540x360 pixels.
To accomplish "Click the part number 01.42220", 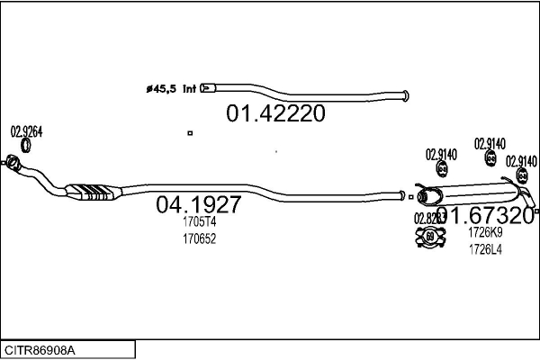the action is tap(274, 114).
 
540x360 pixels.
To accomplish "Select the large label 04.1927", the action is tap(198, 204).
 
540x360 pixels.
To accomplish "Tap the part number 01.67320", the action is tap(485, 215).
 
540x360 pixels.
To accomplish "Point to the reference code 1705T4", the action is tap(199, 221).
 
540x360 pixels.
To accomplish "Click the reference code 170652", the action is tap(199, 239).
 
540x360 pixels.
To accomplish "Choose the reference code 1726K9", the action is tap(485, 232).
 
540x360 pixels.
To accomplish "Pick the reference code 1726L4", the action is tap(485, 250).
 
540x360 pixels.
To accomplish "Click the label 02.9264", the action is tap(26, 131).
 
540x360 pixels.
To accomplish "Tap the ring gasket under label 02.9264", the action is tap(27, 146).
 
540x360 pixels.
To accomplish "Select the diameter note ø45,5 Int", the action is tap(171, 88).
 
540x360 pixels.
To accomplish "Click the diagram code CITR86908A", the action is tap(40, 348).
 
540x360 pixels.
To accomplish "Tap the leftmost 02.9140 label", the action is tap(441, 155).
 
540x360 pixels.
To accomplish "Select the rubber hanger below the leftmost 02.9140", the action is tap(442, 172).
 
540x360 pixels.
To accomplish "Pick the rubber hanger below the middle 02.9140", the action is tap(490, 158).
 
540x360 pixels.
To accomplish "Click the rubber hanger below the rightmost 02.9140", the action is tap(517, 177).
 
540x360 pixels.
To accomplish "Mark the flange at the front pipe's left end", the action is tap(13, 163).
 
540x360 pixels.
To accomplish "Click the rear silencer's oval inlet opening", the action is tap(423, 195).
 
